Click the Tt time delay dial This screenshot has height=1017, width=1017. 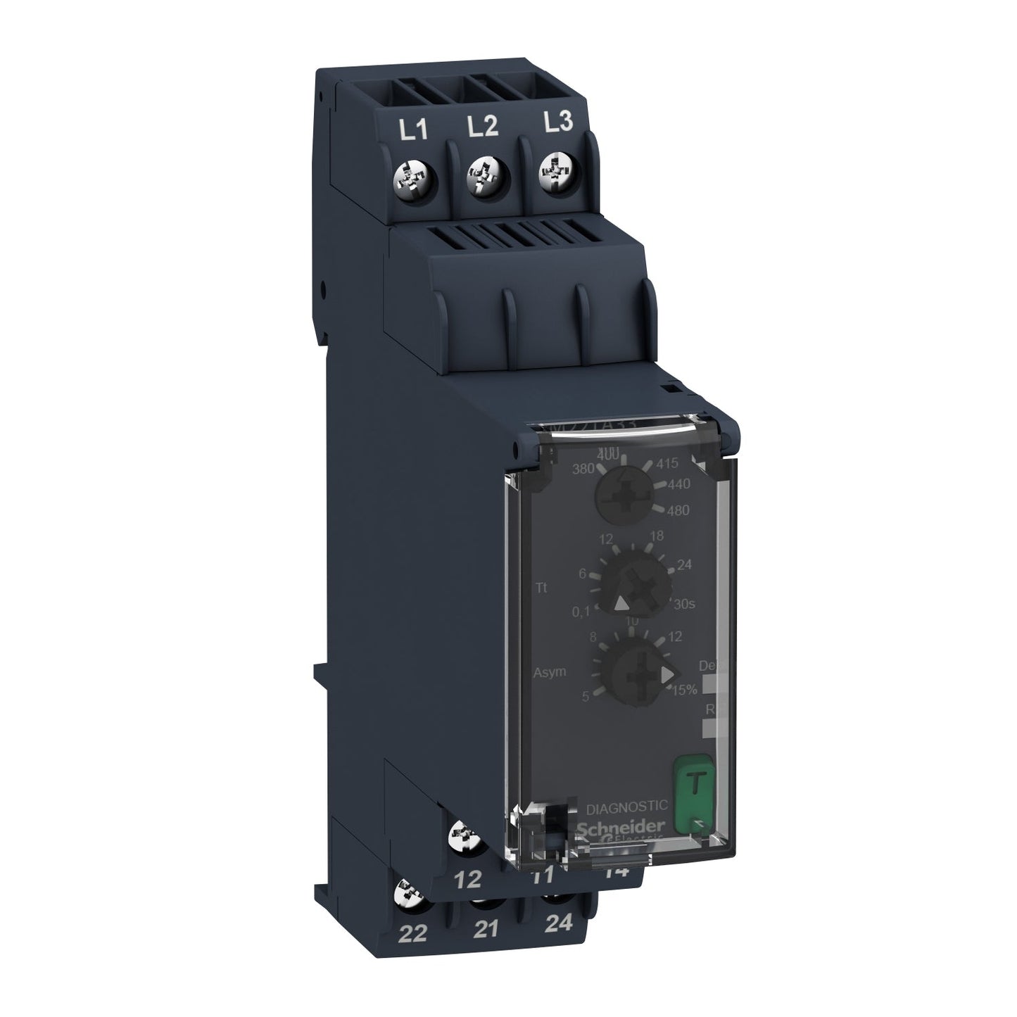pyautogui.click(x=631, y=584)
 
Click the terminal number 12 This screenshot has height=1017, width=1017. pyautogui.click(x=469, y=878)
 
